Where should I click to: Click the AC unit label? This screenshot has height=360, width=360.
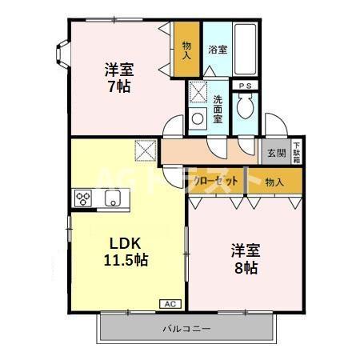point(170,304)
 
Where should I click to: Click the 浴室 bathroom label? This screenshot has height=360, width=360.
point(218,50)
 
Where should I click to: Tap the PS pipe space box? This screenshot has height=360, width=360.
point(245,84)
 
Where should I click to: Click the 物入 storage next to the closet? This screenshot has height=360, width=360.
point(274,182)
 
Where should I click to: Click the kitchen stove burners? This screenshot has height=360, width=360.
point(82,198)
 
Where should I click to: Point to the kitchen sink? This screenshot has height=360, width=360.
point(111,198)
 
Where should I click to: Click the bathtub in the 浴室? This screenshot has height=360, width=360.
point(246,48)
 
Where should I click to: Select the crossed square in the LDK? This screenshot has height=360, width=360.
point(146,150)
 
